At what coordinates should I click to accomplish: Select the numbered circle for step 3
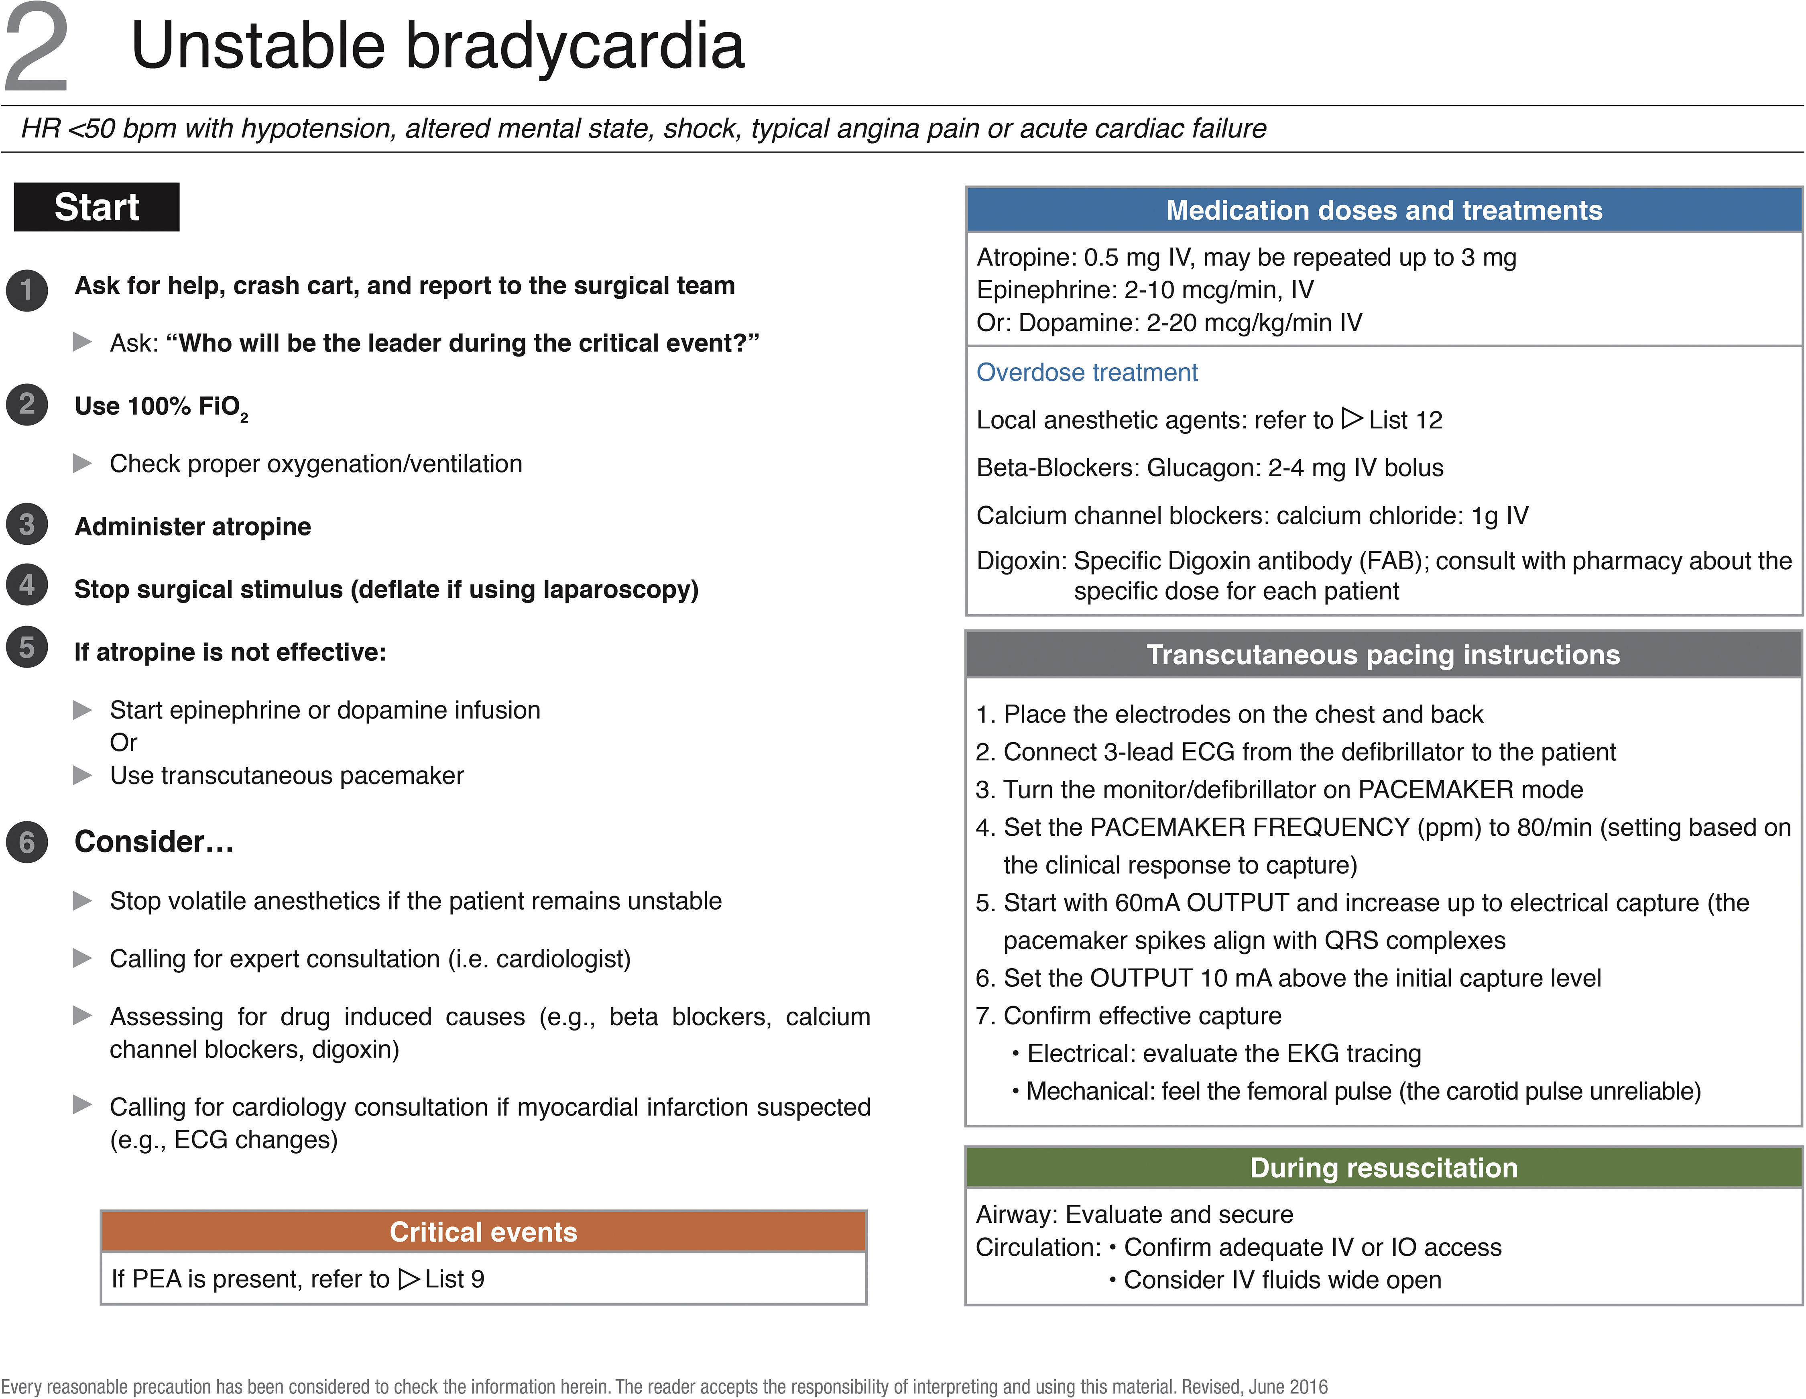point(27,525)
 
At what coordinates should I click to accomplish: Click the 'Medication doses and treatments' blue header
point(1383,210)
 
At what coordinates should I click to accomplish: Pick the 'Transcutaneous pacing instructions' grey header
point(1383,654)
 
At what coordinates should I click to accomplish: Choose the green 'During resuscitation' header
point(1383,1167)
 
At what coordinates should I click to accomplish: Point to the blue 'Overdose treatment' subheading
point(1086,372)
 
